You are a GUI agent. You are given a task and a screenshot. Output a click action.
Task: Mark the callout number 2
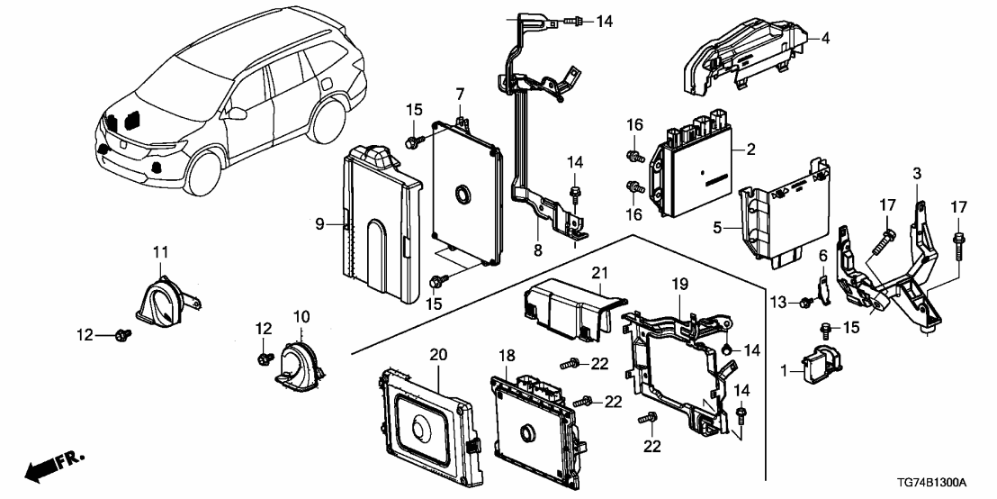pos(750,148)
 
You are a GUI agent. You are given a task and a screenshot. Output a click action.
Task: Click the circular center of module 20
pos(420,427)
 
